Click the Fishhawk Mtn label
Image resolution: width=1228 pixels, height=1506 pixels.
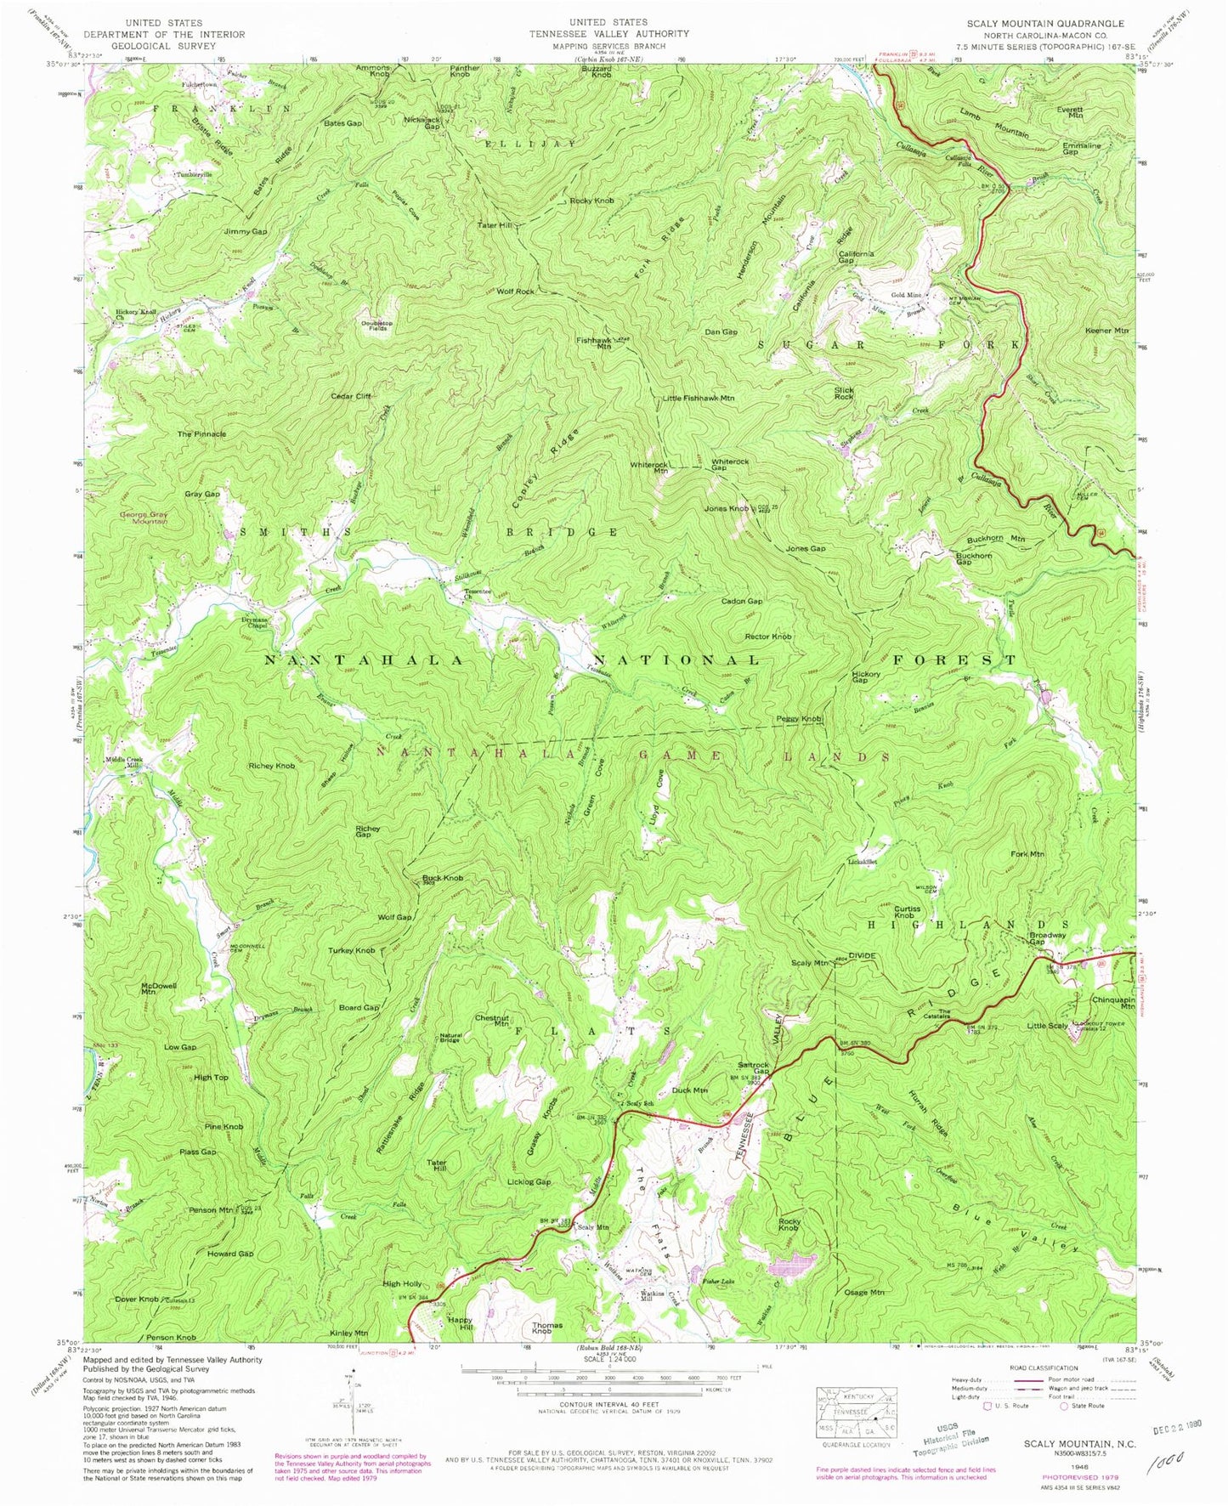(x=594, y=343)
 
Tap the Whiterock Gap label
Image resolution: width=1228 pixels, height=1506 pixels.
(x=730, y=465)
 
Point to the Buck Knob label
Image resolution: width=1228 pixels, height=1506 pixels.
(x=443, y=877)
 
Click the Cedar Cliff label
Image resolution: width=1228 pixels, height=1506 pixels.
(x=351, y=396)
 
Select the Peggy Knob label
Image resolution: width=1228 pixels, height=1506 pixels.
(x=798, y=719)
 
